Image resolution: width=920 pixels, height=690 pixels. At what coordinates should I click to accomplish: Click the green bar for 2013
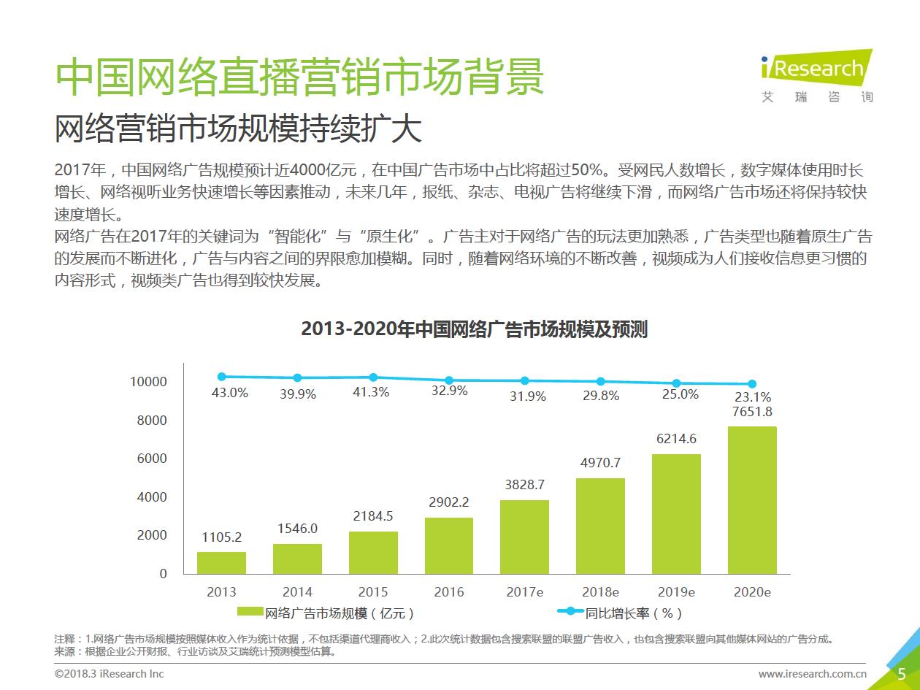coord(221,562)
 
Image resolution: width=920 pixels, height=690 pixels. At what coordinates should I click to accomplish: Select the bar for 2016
coord(449,545)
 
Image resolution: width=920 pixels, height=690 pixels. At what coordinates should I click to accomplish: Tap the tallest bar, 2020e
coord(752,500)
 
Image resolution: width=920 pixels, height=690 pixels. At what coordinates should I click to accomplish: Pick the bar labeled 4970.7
coord(600,526)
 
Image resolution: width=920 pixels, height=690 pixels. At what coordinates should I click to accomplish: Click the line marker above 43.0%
coord(221,377)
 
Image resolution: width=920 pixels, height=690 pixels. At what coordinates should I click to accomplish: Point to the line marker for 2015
coord(373,377)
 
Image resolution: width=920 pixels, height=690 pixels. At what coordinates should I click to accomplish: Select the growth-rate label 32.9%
coord(449,391)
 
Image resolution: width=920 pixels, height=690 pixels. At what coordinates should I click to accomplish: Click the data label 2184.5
coord(373,516)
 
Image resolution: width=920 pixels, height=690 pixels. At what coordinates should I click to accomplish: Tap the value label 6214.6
coord(676,439)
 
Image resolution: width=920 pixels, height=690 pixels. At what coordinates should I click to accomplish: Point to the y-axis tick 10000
coord(148,382)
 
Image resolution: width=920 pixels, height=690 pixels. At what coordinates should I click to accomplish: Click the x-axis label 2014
coord(297,592)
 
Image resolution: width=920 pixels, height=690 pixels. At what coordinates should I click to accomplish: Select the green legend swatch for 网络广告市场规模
coord(250,612)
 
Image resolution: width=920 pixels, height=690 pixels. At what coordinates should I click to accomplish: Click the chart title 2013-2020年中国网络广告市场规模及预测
coord(474,329)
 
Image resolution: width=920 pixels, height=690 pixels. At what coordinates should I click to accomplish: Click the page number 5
coord(901,673)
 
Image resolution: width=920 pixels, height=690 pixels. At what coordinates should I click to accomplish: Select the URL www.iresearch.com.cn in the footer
coord(812,674)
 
